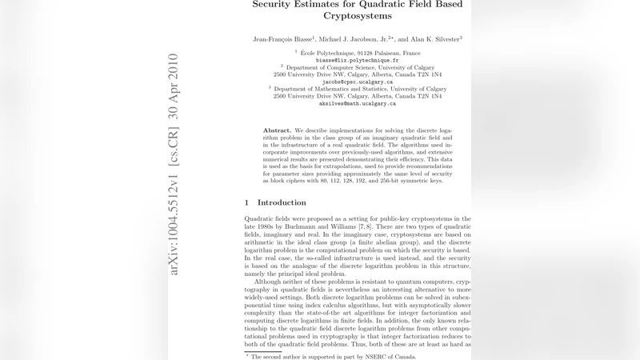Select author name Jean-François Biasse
click(282, 38)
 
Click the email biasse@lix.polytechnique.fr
click(357, 60)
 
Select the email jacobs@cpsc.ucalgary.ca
click(357, 82)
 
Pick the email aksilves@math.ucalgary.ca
click(357, 103)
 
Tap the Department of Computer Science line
click(360, 67)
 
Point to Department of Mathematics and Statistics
click(360, 89)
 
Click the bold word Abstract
click(277, 130)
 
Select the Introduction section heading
click(282, 202)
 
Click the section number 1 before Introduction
click(247, 202)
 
